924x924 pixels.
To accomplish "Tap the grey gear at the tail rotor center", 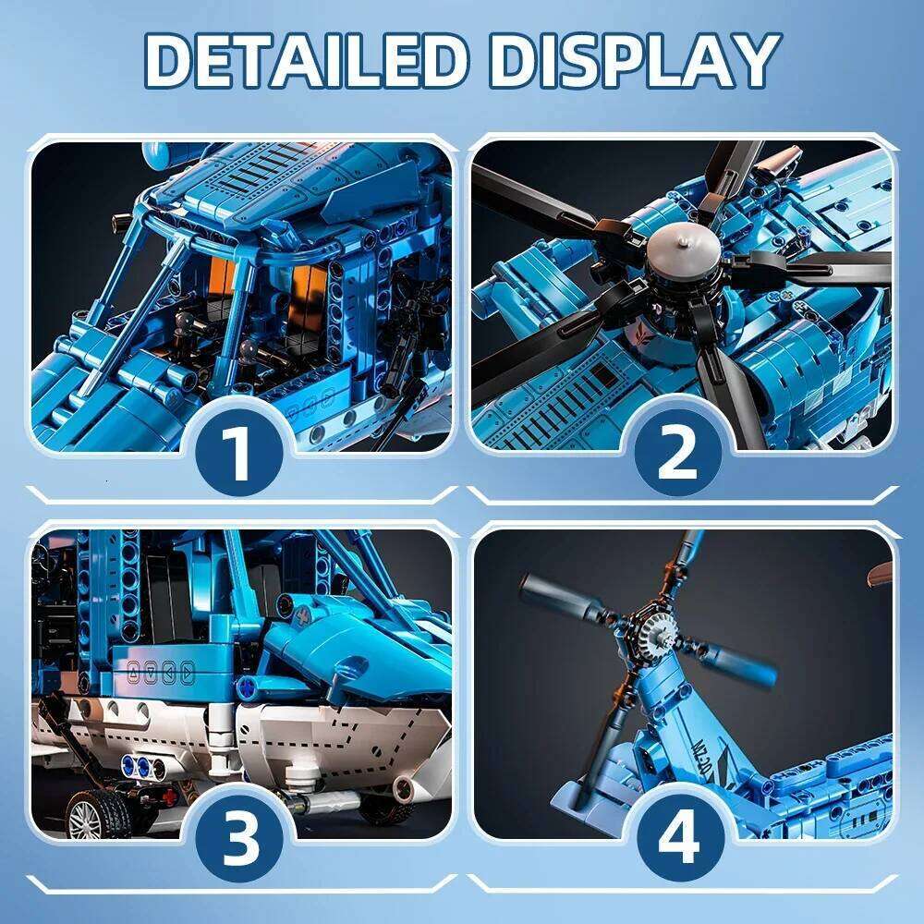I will pos(658,630).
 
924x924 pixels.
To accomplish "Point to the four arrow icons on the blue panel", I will pos(164,672).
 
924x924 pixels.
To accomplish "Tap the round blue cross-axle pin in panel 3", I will pos(248,688).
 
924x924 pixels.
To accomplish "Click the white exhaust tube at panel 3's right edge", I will pos(404,788).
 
